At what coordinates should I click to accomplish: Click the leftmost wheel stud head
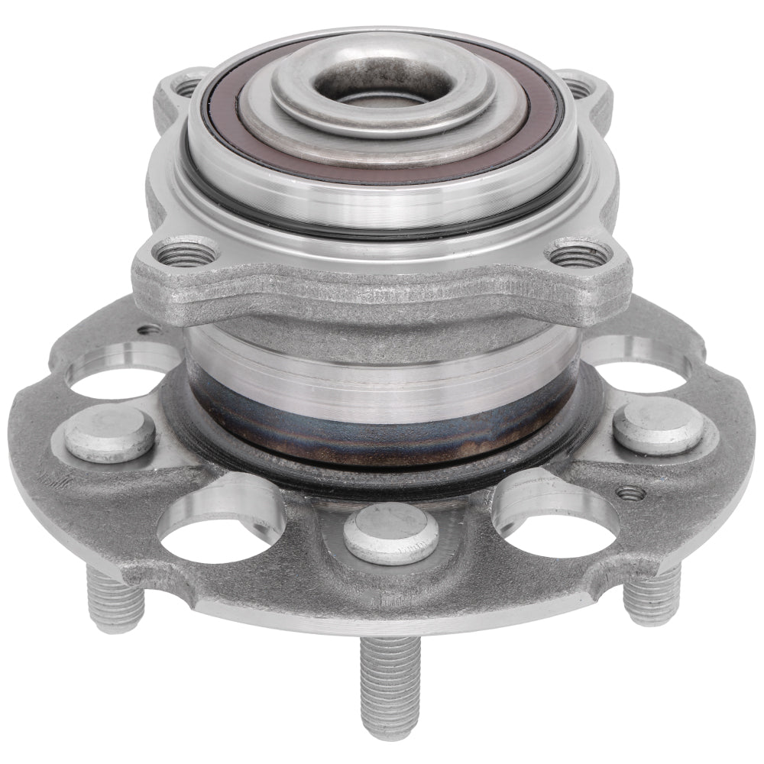click(x=108, y=433)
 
